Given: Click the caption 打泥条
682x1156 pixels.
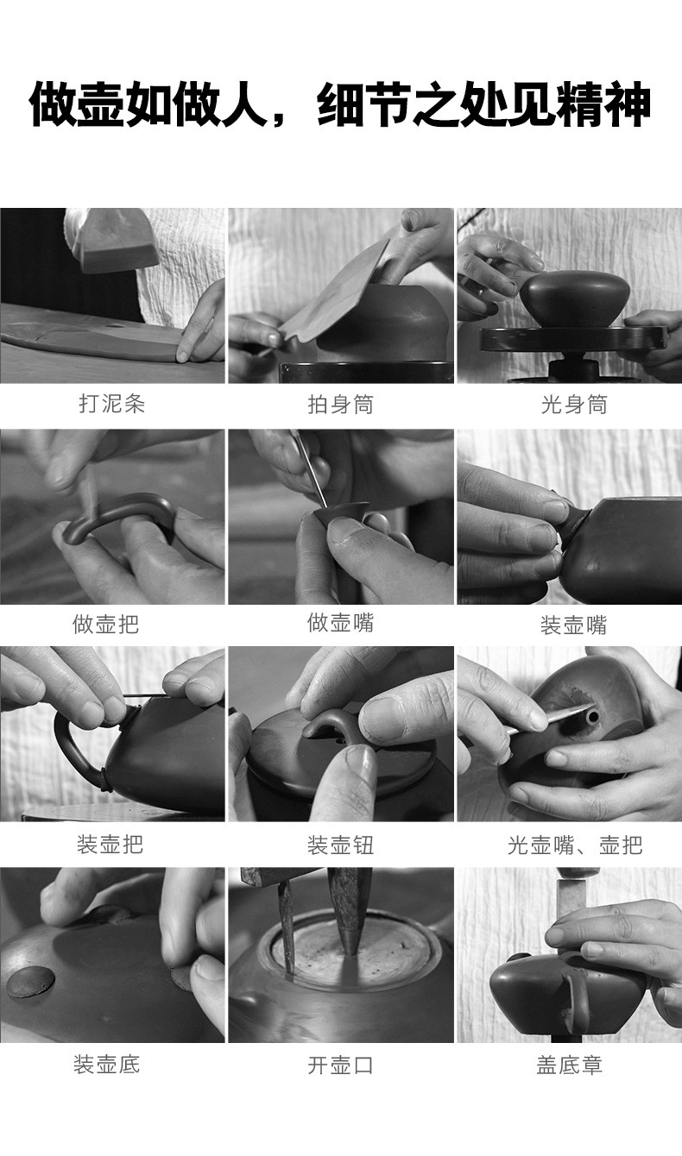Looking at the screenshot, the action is tap(112, 404).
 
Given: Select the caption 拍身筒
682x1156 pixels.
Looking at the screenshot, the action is tap(341, 404).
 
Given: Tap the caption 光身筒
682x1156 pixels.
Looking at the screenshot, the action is tap(574, 404).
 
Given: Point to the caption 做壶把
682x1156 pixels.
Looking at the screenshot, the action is tap(106, 624).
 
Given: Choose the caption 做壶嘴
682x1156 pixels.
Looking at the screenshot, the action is tap(341, 622).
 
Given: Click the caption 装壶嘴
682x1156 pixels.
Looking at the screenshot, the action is tap(573, 625).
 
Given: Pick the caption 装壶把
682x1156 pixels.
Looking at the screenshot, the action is tap(110, 845).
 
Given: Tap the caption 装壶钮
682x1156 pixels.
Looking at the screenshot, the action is tap(341, 845).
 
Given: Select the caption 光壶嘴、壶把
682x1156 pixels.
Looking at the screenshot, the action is tap(575, 845).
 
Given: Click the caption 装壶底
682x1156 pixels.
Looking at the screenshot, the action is tap(106, 1065).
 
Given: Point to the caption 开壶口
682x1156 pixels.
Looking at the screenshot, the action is tap(341, 1065).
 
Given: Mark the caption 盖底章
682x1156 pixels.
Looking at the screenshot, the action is tap(570, 1065).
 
